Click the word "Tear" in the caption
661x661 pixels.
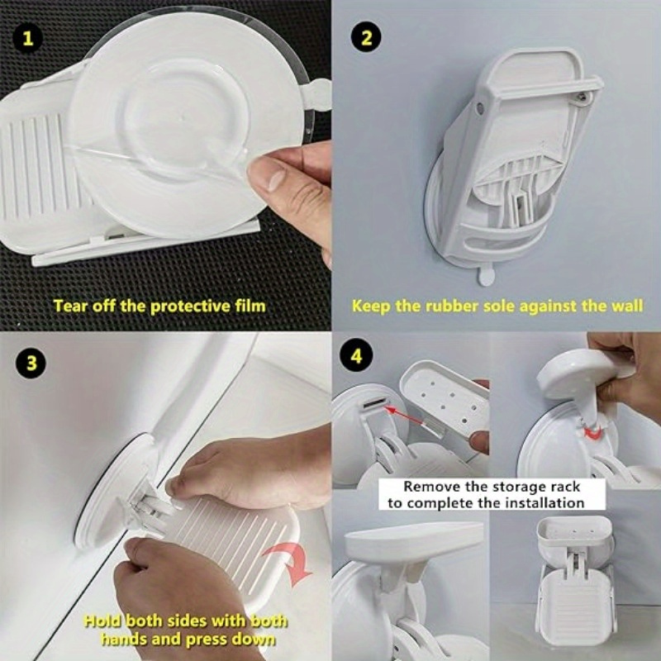[70, 306]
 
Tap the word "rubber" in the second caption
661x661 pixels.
[447, 306]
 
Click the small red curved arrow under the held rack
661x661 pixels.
[588, 433]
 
